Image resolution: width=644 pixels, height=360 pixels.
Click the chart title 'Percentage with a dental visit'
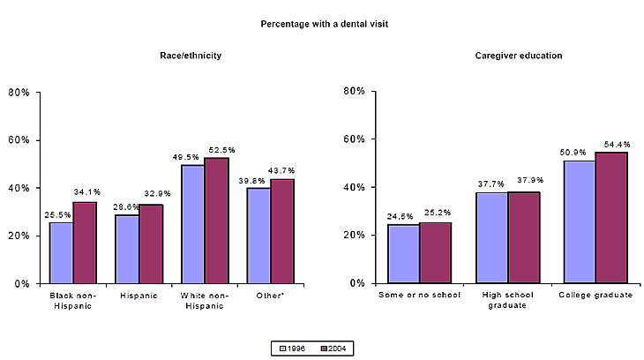324,24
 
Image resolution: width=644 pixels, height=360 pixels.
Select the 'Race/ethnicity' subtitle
191,56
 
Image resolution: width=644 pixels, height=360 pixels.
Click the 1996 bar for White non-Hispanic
192,224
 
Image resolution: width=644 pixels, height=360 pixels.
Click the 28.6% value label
127,206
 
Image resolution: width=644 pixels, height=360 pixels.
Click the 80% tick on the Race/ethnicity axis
19,93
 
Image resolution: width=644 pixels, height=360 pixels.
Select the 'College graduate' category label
596,295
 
